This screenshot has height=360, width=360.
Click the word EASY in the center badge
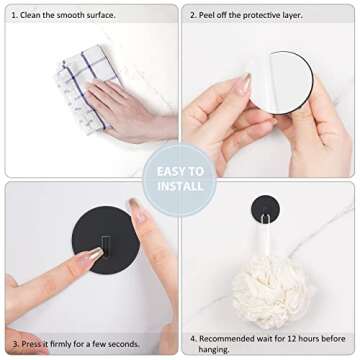[x=180, y=171]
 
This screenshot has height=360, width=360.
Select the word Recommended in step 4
[x=232, y=337]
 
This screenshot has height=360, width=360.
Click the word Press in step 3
[x=32, y=344]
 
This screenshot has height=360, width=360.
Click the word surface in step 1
[x=99, y=15]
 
